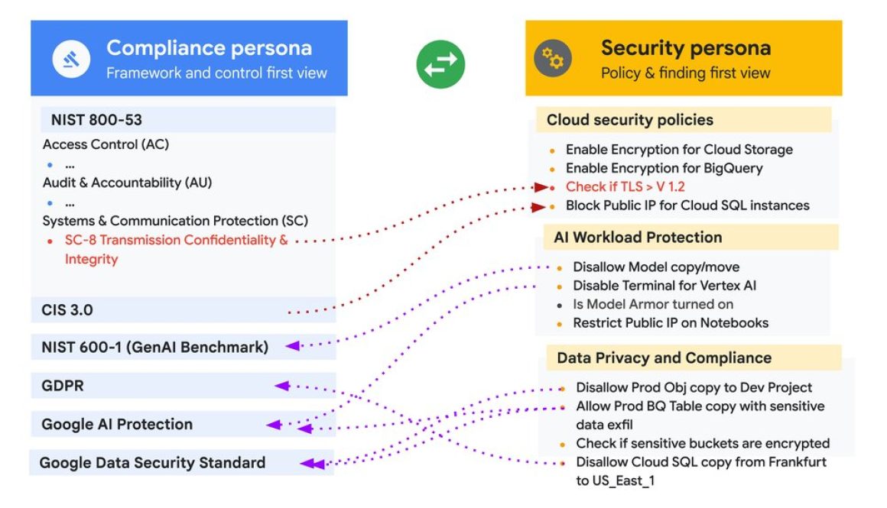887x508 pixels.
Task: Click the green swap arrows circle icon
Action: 441,63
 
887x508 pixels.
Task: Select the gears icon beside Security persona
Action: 552,58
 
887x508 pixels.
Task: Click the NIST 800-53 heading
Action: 96,120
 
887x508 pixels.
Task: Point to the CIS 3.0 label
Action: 67,310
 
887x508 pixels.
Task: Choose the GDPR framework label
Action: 63,386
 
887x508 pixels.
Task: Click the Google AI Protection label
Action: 117,424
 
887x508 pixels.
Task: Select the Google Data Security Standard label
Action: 152,462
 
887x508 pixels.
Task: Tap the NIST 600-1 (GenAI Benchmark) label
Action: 155,347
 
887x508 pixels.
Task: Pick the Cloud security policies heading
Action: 629,120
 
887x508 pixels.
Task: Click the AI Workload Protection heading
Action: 637,238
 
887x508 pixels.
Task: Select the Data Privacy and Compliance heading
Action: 664,358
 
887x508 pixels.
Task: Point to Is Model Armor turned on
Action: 653,304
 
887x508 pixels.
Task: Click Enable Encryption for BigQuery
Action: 664,168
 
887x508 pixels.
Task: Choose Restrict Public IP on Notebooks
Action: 671,322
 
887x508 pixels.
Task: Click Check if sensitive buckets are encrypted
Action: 703,443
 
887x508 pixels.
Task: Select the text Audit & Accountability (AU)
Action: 127,183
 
